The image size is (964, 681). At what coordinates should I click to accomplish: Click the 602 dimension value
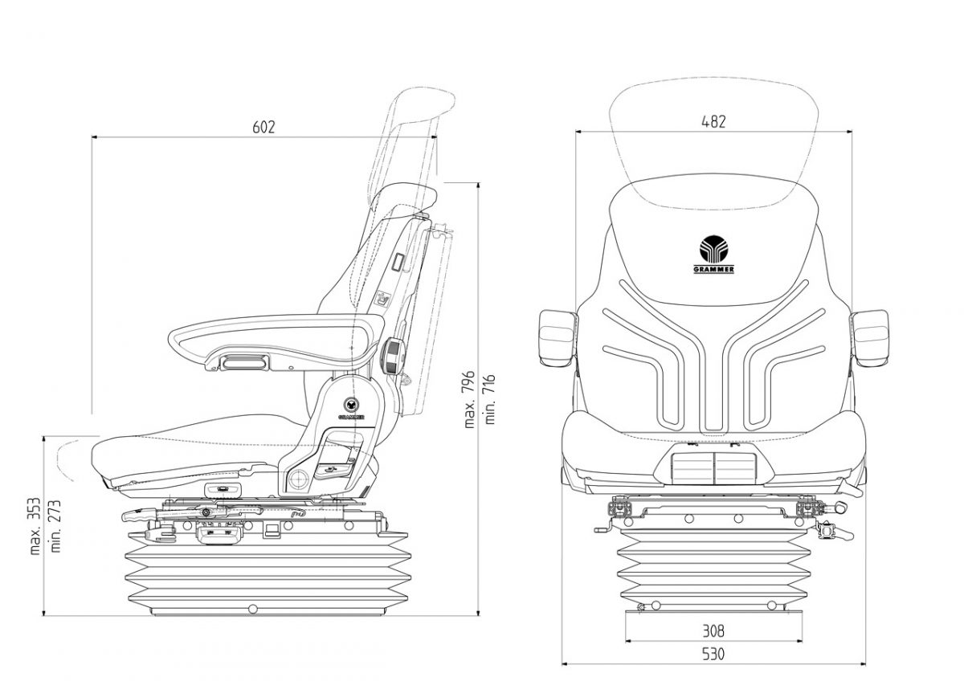[263, 127]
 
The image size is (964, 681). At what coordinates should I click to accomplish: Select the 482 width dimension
[713, 122]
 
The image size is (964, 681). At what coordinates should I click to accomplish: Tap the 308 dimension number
[713, 630]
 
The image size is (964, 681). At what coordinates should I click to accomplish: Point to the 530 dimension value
[713, 654]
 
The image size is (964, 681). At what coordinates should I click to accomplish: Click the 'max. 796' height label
[472, 400]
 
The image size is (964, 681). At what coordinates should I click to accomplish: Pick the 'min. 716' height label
[489, 400]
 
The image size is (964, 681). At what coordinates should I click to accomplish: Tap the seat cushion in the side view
[185, 454]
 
